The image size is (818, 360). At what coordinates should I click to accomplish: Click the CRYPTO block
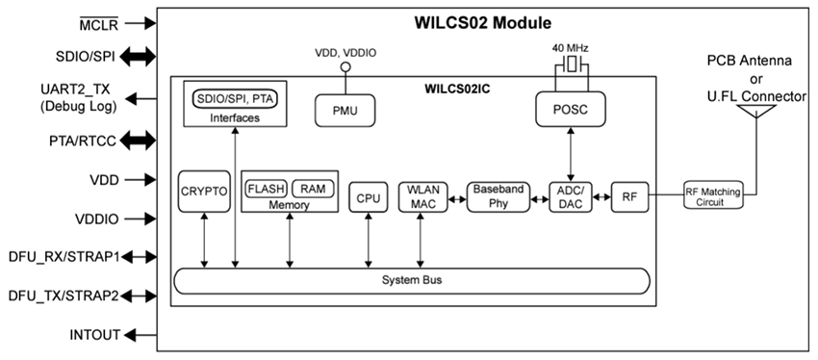[x=204, y=193]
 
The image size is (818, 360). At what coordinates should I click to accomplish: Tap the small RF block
[x=628, y=196]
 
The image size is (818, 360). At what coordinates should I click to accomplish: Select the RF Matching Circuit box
[x=713, y=196]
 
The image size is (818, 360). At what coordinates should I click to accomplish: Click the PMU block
[x=346, y=112]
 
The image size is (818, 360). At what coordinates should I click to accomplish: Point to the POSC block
[x=572, y=112]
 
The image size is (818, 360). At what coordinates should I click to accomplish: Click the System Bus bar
[x=411, y=280]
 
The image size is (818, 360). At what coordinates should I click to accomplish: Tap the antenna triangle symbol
[x=756, y=110]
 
